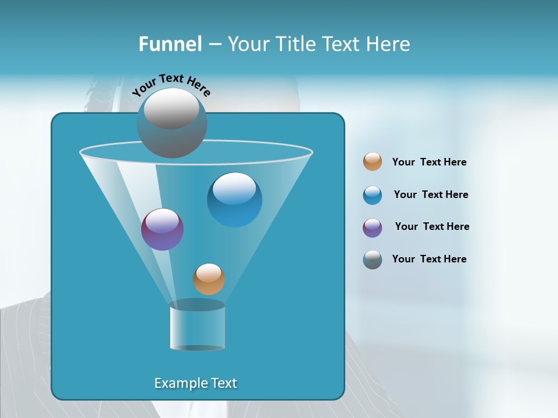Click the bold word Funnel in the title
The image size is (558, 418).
pyautogui.click(x=170, y=44)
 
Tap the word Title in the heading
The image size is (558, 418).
pyautogui.click(x=296, y=44)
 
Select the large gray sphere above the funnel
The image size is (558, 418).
pyautogui.click(x=171, y=123)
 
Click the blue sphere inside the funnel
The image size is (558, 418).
pyautogui.click(x=234, y=200)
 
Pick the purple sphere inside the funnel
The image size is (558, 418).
pyautogui.click(x=162, y=229)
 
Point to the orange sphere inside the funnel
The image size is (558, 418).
pyautogui.click(x=209, y=279)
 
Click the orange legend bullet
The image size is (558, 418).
pyautogui.click(x=373, y=161)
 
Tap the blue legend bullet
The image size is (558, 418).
pyautogui.click(x=373, y=194)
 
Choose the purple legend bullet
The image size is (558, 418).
pyautogui.click(x=373, y=227)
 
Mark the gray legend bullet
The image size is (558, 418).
pyautogui.click(x=373, y=260)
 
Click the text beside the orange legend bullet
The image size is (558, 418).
pyautogui.click(x=429, y=162)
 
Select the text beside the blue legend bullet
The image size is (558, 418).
pyautogui.click(x=431, y=194)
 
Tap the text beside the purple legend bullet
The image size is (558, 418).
pyautogui.click(x=432, y=226)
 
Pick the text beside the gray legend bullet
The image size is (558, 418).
pyautogui.click(x=429, y=259)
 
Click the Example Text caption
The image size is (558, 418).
pyautogui.click(x=196, y=383)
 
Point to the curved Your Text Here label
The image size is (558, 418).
pyautogui.click(x=171, y=85)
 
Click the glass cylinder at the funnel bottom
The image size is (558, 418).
pyautogui.click(x=197, y=326)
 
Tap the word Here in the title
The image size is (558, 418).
pyautogui.click(x=388, y=44)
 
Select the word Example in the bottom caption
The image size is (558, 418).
pyautogui.click(x=178, y=383)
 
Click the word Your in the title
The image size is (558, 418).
pyautogui.click(x=248, y=44)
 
